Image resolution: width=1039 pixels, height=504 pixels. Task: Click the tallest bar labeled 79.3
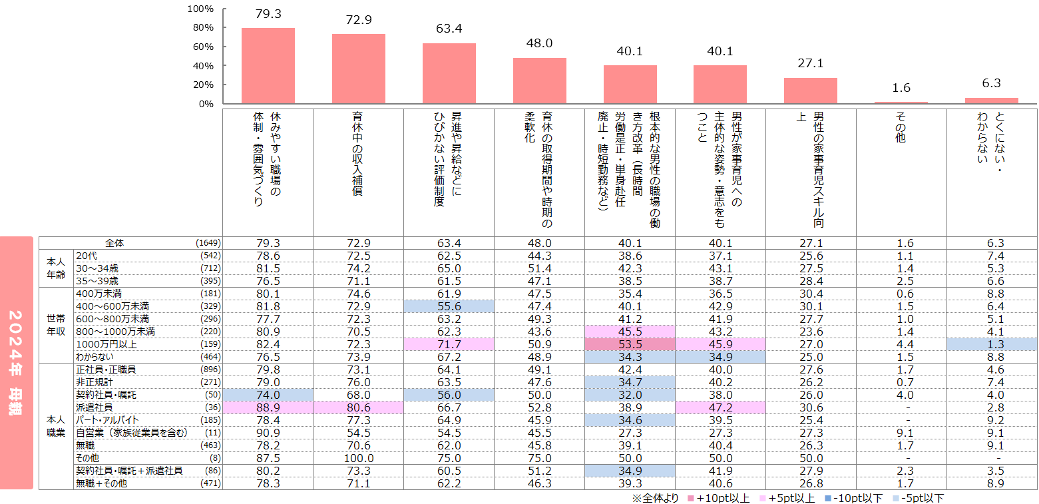[268, 66]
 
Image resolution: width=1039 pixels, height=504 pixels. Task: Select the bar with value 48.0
[539, 81]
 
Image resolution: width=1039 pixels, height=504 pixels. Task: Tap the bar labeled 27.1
[810, 91]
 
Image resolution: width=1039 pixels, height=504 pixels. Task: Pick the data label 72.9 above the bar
[358, 20]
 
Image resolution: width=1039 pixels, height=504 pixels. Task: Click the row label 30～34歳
[95, 268]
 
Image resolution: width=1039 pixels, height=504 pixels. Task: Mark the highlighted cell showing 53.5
[630, 344]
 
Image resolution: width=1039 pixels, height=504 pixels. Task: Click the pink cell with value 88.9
[268, 407]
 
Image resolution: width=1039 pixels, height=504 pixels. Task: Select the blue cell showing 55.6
[449, 306]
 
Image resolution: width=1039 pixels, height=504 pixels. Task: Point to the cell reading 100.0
[358, 457]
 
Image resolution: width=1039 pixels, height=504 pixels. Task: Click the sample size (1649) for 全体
[208, 243]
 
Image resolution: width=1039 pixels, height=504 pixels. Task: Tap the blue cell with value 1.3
[991, 344]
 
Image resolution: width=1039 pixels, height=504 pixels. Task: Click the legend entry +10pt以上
[717, 498]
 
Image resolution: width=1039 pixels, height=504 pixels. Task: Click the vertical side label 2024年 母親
[16, 363]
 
